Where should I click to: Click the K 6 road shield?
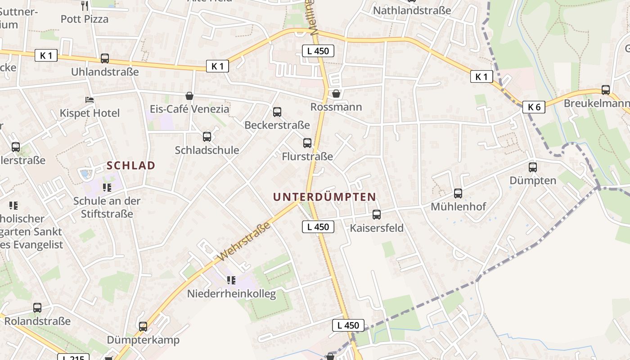[534, 107]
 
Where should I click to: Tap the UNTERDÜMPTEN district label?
[324, 197]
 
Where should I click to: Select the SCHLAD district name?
[131, 166]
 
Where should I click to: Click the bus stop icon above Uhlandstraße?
[105, 58]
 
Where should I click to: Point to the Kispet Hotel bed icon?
[90, 99]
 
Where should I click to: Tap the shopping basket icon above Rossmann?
[336, 94]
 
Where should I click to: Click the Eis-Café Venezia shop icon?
[189, 96]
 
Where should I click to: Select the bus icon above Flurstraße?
[307, 143]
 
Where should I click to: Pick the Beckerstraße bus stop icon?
[277, 112]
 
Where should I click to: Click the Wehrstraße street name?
[245, 241]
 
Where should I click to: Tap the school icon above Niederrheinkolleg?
[231, 280]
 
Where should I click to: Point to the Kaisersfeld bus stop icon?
[377, 215]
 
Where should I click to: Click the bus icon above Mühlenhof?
[458, 193]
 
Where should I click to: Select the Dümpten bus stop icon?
[533, 167]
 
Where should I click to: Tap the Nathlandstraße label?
[412, 10]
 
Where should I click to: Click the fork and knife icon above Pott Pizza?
[85, 5]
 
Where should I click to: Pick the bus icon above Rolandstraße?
[37, 308]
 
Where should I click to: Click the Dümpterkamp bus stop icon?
[143, 327]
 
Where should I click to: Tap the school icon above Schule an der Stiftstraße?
[107, 187]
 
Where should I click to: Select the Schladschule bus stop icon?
[207, 137]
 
